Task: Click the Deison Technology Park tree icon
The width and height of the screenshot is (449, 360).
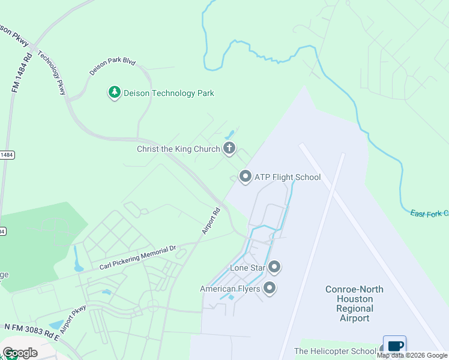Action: (114, 92)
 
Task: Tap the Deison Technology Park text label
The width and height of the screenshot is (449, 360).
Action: (169, 93)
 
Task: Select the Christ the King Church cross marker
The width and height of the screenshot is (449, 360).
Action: (229, 148)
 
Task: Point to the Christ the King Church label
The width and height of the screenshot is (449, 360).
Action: (178, 149)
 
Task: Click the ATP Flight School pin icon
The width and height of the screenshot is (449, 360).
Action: (245, 176)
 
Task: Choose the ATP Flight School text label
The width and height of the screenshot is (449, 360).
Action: (288, 177)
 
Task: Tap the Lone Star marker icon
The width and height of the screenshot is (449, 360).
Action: (275, 266)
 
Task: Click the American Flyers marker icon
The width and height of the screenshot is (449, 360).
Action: (270, 289)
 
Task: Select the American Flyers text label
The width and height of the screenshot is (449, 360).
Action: (230, 289)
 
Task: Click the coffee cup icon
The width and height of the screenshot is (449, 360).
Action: (395, 346)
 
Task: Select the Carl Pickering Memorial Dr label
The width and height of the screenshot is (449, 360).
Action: (138, 258)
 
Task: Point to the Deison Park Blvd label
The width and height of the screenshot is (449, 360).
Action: (112, 65)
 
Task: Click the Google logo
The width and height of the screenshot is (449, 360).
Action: (19, 352)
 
